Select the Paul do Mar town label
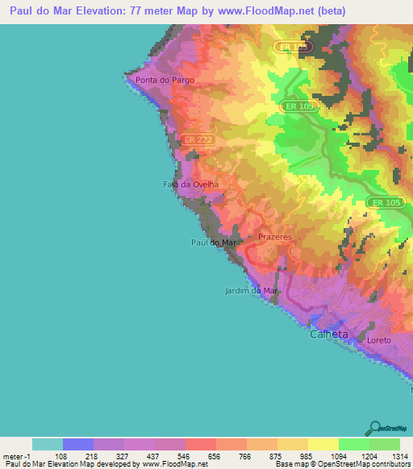(x=214, y=242)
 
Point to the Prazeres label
(x=274, y=238)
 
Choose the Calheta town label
(x=330, y=334)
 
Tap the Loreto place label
(x=378, y=340)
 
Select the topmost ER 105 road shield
(x=293, y=48)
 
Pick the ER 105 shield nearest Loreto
(x=383, y=202)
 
